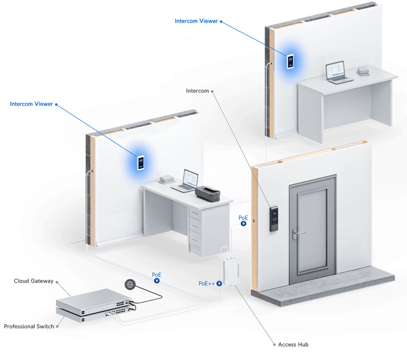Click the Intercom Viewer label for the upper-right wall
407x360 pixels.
(196, 21)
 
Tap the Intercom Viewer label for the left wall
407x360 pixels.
(32, 104)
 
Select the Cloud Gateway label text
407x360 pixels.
(33, 281)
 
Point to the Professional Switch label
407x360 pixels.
(28, 327)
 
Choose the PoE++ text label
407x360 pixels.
(206, 283)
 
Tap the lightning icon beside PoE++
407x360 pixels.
(219, 284)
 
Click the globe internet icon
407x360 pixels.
(129, 284)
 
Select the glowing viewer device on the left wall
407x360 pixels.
(141, 163)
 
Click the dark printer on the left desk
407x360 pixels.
(208, 194)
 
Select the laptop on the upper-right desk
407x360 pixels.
(336, 73)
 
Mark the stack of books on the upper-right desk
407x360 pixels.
(364, 72)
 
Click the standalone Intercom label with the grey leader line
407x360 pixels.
(198, 91)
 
